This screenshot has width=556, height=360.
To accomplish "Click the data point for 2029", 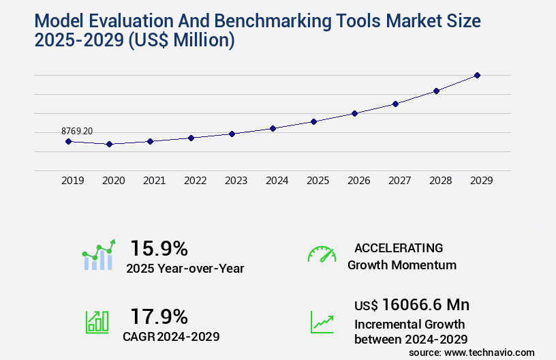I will tap(477, 75).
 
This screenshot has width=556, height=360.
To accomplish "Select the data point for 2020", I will tap(109, 144).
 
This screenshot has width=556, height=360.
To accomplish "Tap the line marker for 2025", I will tap(313, 121).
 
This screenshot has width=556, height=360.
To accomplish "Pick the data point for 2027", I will tap(395, 104).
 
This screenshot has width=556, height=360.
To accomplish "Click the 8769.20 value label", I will tap(76, 131).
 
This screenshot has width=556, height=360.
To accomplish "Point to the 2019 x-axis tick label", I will tap(73, 181).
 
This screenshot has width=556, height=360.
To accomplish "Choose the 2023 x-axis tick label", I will tap(236, 181).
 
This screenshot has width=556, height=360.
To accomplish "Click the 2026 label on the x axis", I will tap(359, 181).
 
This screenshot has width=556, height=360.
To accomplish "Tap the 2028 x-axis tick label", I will tap(441, 181).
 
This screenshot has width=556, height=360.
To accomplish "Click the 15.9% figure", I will tap(159, 247).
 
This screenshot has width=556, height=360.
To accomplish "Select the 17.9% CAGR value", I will tap(159, 316).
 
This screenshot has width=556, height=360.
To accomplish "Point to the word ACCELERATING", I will tap(399, 247).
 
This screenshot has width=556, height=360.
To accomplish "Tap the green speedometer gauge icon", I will tap(322, 254).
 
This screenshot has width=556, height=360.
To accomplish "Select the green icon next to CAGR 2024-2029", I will tap(97, 322).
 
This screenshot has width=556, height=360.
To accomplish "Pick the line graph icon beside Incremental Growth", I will tap(322, 322).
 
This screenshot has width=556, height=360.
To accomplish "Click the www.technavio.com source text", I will tap(489, 352).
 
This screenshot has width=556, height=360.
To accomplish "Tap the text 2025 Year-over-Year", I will tap(185, 269).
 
